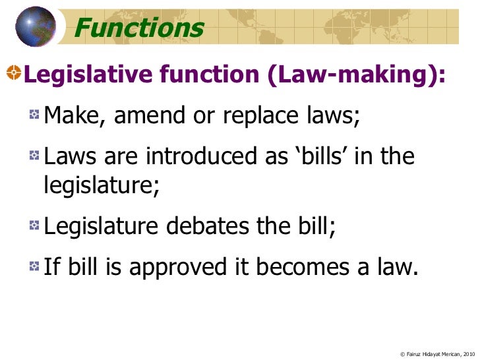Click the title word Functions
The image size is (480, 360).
pos(139,28)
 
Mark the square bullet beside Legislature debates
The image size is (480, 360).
pos(33,225)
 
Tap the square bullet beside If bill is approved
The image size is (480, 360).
pos(33,266)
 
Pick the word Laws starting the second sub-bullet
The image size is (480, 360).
pos(69,158)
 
